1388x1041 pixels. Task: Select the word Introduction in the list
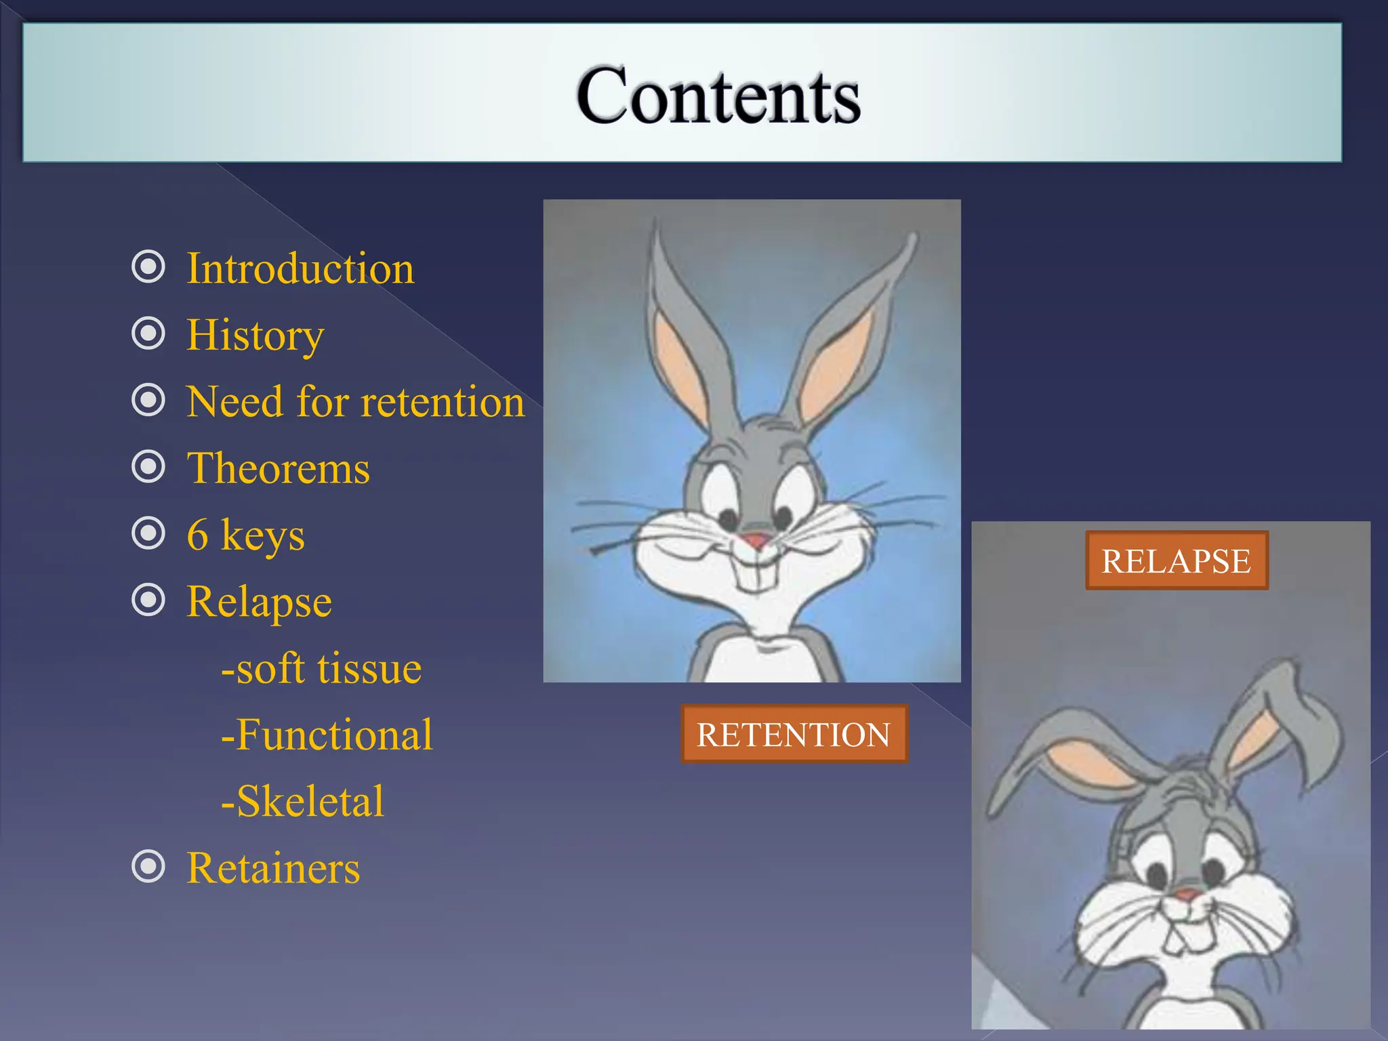coord(300,268)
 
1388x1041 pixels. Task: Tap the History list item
coord(256,335)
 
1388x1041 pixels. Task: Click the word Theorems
coord(279,468)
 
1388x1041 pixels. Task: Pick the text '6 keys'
coord(245,535)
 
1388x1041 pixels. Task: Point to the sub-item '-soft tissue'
coord(321,668)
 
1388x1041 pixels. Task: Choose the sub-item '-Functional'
coord(327,735)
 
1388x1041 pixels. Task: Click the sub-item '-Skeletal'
coord(302,801)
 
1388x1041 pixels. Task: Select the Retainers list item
coord(273,868)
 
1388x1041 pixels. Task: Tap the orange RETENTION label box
coord(794,735)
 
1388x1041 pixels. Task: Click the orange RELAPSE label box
coord(1177,560)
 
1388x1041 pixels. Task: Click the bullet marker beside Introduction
coord(148,267)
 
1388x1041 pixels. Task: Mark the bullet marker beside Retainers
coord(148,867)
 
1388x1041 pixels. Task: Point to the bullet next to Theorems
coord(148,467)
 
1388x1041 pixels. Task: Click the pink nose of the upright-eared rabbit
coord(755,540)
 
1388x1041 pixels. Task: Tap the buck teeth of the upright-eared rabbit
coord(758,577)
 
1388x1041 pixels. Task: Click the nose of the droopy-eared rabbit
coord(1187,895)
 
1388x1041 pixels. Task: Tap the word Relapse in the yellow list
coord(260,602)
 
